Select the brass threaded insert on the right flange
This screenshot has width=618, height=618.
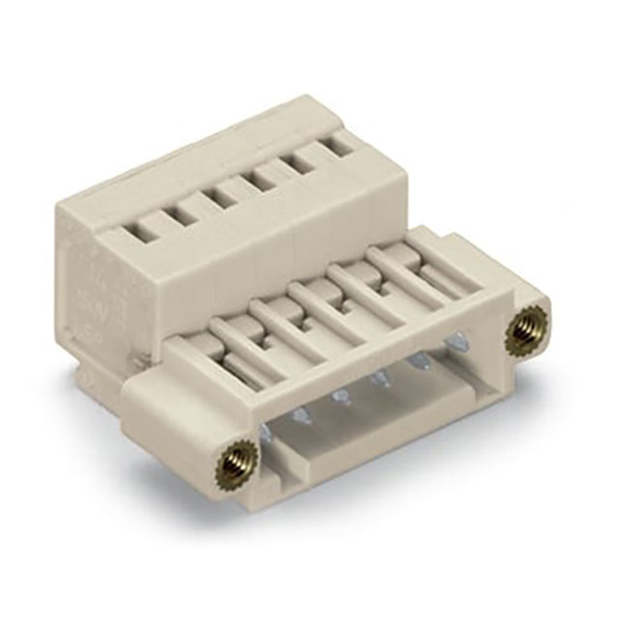[x=523, y=332]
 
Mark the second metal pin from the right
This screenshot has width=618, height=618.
[x=419, y=359]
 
